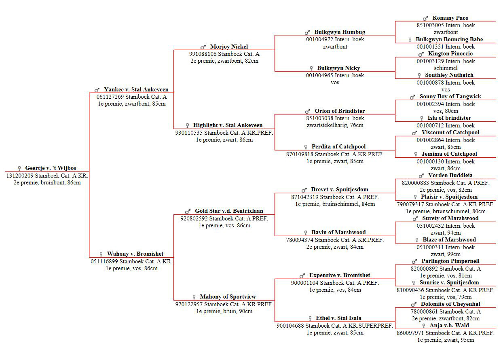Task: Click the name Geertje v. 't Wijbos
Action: click(51, 168)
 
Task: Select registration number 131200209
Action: click(20, 176)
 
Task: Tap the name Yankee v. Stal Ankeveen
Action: click(136, 90)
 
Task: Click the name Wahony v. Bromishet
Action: click(135, 254)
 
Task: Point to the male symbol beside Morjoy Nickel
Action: click(203, 47)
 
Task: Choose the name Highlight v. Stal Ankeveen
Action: click(228, 125)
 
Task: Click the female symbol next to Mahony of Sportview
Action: click(194, 297)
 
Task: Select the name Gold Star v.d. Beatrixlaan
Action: click(229, 211)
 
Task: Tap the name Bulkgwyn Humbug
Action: click(340, 32)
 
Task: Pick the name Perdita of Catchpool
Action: click(338, 147)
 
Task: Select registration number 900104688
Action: click(290, 326)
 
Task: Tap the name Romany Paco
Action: click(450, 18)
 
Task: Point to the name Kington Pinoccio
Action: click(450, 54)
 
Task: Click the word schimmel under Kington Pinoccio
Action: click(446, 68)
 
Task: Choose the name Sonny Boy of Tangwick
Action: click(450, 97)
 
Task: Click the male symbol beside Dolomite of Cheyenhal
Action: click(414, 304)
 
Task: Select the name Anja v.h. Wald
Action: click(449, 325)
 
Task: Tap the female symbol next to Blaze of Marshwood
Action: click(417, 240)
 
